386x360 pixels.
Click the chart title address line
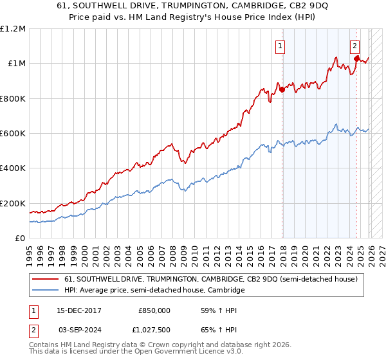click(192, 7)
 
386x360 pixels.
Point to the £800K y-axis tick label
click(13, 98)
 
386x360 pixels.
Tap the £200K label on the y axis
click(13, 203)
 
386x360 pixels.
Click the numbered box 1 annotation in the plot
click(280, 46)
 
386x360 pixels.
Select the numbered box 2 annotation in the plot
click(354, 46)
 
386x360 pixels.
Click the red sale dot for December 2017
click(282, 89)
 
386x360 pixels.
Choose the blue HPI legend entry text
click(154, 291)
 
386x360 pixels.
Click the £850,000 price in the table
click(154, 310)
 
